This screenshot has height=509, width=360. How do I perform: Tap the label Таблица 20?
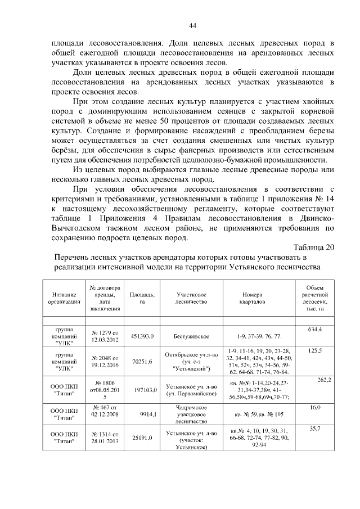click(313, 247)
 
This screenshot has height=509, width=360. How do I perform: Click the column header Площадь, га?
click(142, 298)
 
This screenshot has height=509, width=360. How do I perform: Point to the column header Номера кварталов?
click(253, 298)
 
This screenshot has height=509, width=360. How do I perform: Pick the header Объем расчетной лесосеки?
click(314, 298)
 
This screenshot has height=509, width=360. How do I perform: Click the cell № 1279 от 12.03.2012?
click(103, 336)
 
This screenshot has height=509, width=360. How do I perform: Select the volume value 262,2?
click(323, 380)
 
